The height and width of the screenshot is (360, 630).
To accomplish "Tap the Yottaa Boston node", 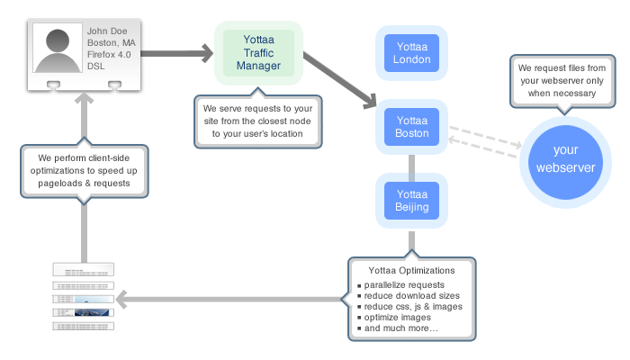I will click(x=411, y=126).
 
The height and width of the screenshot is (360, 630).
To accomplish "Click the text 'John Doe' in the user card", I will click(x=107, y=31).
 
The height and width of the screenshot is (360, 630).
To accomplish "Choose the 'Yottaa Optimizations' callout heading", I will click(x=411, y=270).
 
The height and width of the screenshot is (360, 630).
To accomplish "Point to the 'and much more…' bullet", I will click(x=401, y=329).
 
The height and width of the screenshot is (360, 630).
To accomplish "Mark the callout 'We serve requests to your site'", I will click(x=257, y=120).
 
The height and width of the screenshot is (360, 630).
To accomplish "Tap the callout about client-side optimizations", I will click(x=82, y=169).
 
